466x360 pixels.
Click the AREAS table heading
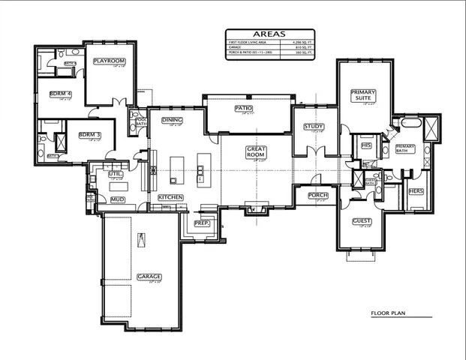click(x=267, y=34)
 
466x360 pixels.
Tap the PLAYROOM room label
click(x=109, y=61)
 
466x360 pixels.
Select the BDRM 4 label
click(x=60, y=94)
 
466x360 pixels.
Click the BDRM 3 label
click(x=89, y=135)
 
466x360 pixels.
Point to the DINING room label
click(x=176, y=120)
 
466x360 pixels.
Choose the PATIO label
click(x=243, y=109)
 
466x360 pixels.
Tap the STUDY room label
click(x=313, y=126)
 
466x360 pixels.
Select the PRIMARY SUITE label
click(x=363, y=95)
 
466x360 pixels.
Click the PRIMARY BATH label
click(x=405, y=148)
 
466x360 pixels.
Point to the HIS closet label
click(x=366, y=144)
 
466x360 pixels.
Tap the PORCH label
click(x=318, y=195)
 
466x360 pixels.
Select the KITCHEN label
click(x=170, y=197)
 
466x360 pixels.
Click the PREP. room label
click(x=201, y=223)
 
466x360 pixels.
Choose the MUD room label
click(x=118, y=199)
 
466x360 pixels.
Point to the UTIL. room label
click(x=115, y=174)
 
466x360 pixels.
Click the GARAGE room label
click(x=149, y=276)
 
